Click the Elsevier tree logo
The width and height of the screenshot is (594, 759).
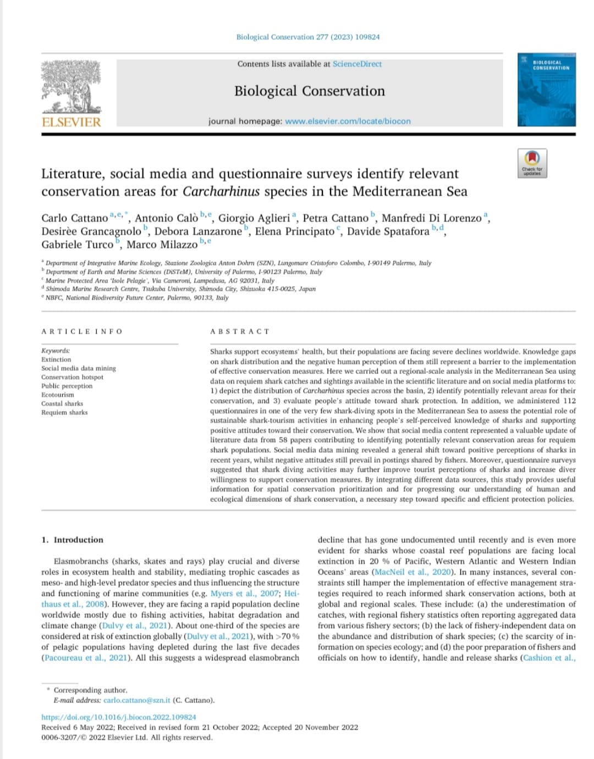71,87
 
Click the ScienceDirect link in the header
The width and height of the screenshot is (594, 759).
357,64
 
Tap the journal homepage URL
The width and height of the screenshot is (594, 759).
348,121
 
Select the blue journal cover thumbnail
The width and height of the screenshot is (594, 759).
546,90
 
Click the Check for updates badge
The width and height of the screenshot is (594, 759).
532,163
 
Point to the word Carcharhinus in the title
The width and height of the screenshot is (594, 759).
221,191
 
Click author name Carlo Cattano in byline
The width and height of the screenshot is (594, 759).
75,218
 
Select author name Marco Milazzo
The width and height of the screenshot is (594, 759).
162,245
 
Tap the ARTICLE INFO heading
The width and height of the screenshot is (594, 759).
81,331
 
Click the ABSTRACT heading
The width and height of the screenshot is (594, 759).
240,331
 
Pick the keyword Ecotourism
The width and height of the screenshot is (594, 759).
58,395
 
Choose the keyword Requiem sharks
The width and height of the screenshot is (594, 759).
64,412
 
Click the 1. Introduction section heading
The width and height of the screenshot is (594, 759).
72,540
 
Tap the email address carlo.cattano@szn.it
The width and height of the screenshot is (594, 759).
137,700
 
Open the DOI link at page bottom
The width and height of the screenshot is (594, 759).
119,717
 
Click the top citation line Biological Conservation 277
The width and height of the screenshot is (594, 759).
307,37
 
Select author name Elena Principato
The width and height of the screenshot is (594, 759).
294,231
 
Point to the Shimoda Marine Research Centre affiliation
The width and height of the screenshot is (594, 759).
180,289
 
